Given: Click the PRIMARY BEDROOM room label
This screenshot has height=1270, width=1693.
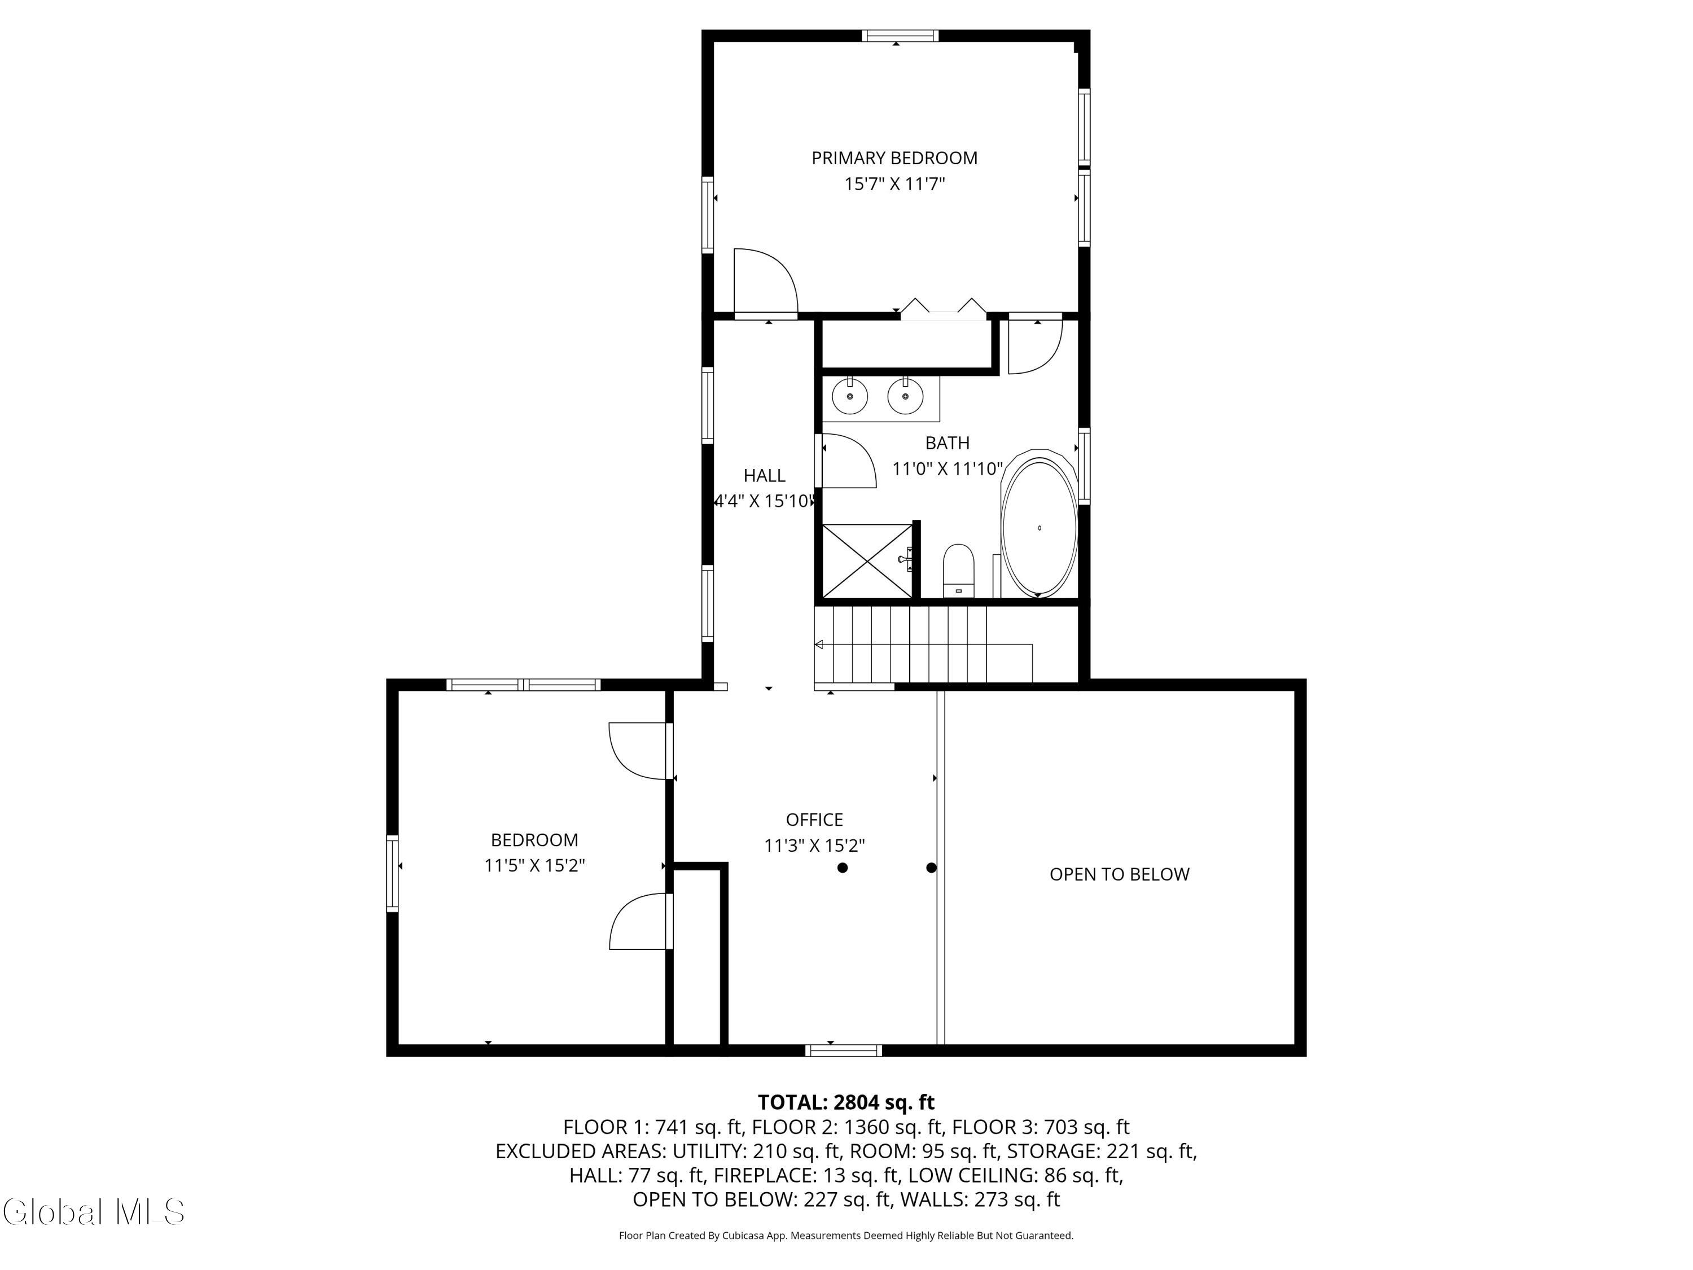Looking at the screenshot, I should [894, 159].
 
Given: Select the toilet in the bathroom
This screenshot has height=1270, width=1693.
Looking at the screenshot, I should [958, 570].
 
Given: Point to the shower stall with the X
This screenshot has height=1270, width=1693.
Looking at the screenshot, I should [867, 561].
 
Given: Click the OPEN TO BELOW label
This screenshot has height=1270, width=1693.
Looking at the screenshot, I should [1119, 874].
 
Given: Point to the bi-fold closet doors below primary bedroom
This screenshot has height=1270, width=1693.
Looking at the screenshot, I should [943, 309].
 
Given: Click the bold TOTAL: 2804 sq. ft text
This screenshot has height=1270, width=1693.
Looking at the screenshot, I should [846, 1102].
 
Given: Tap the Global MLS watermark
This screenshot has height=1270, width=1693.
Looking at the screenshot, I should [93, 1212].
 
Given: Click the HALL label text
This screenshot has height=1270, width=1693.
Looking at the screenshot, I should [764, 475].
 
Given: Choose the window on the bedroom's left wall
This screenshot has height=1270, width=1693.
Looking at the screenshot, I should [393, 873].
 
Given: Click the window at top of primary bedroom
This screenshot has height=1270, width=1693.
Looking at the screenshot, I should [900, 35].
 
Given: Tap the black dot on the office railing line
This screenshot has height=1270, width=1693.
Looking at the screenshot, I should [932, 868].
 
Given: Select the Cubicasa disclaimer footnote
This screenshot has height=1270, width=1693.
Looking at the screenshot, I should [846, 1235].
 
